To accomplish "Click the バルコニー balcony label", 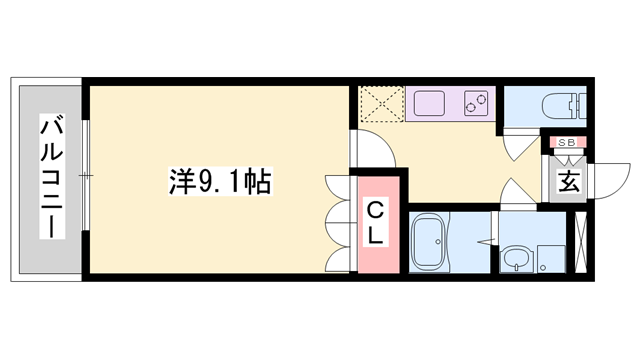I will click(x=50, y=178).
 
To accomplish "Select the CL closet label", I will click(x=374, y=222).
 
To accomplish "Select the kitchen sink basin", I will click(x=431, y=102).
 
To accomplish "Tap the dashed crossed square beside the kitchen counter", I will click(x=380, y=104).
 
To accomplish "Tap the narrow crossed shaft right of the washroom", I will click(x=578, y=244).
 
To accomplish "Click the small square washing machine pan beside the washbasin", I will click(x=549, y=258).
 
